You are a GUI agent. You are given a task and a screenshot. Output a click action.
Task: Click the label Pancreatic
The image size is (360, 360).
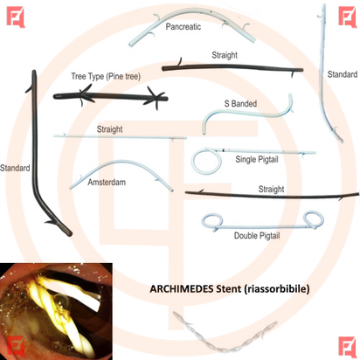pyautogui.click(x=183, y=27)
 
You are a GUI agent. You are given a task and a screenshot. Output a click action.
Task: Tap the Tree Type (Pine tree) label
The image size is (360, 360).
pyautogui.click(x=106, y=77)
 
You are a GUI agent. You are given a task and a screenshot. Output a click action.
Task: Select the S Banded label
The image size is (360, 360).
pyautogui.click(x=240, y=103)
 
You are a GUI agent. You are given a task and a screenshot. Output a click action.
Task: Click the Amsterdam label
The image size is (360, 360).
pyautogui.click(x=107, y=183)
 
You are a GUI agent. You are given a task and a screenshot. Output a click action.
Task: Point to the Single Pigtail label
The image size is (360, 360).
pyautogui.click(x=257, y=160)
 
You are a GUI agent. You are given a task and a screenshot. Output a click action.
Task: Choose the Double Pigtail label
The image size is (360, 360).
pyautogui.click(x=257, y=236)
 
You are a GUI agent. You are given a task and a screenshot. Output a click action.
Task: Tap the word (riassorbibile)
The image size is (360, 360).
pyautogui.click(x=277, y=289)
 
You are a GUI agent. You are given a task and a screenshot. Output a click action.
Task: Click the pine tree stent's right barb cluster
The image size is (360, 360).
pyautogui.click(x=155, y=99)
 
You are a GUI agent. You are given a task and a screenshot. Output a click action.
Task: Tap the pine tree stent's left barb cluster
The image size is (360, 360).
pyautogui.click(x=85, y=95)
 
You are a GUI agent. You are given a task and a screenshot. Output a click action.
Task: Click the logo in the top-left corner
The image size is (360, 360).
pyautogui.click(x=16, y=17)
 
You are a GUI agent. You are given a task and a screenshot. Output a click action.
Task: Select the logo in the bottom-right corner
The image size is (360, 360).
pyautogui.click(x=348, y=347)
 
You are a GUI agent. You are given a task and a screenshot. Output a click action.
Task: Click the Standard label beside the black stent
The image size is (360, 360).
pyautogui.click(x=15, y=168)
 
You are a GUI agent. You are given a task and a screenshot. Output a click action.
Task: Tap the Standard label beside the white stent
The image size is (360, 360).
pyautogui.click(x=343, y=74)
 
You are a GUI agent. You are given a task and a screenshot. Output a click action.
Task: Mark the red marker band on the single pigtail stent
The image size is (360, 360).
pyautogui.click(x=224, y=150)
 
